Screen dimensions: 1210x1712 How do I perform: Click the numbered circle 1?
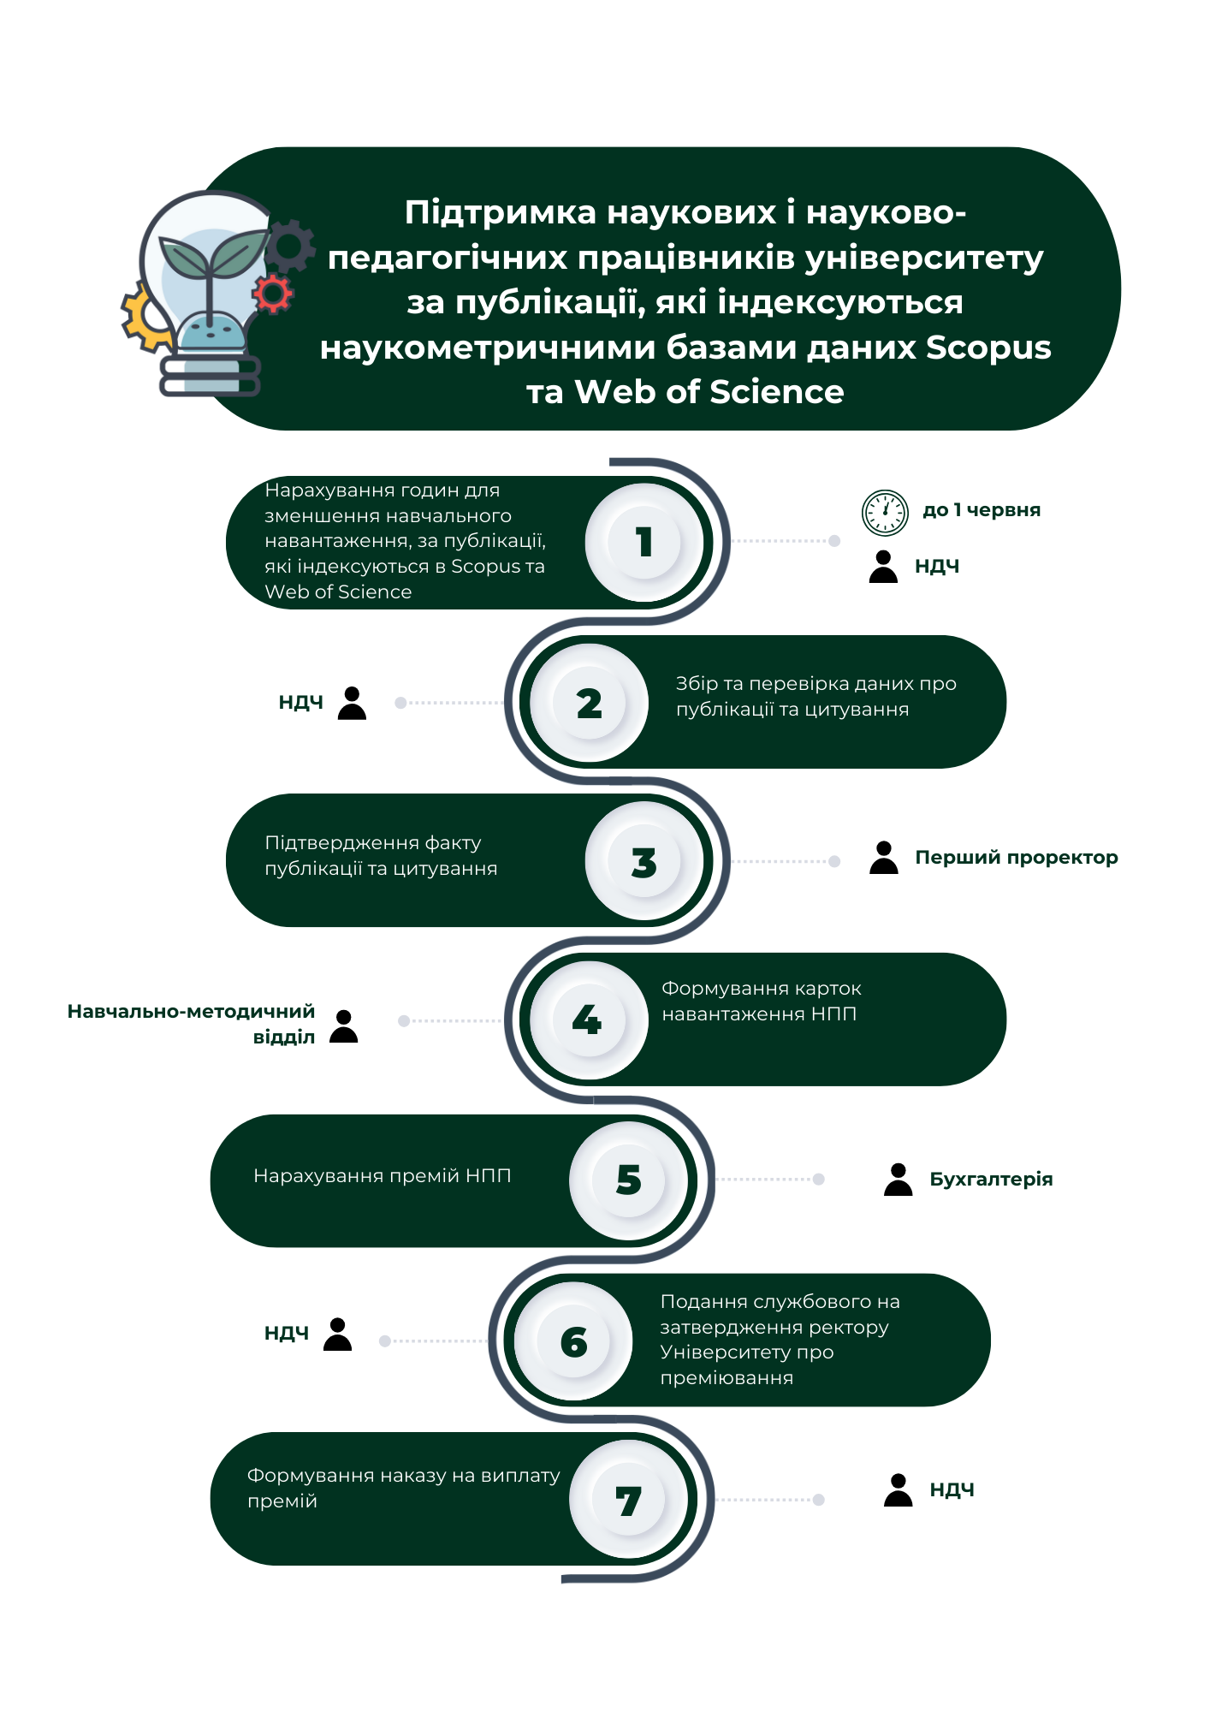coord(644,542)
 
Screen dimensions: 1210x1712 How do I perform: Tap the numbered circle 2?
coord(589,703)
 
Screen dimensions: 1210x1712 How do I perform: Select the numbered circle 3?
coord(644,861)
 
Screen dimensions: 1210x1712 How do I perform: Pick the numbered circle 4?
coord(589,1019)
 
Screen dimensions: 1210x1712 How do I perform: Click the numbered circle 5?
coord(629,1180)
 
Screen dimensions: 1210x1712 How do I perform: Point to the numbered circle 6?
coord(573,1341)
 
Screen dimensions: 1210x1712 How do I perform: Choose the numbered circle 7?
coord(629,1500)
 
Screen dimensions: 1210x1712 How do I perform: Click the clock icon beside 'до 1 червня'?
coord(885,513)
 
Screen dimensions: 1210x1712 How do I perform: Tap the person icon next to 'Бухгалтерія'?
coord(899,1180)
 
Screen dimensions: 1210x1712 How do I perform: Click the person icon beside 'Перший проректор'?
coord(884,857)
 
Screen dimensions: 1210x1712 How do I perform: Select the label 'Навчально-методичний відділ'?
coord(191,1024)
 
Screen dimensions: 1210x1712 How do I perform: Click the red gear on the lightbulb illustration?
coord(273,294)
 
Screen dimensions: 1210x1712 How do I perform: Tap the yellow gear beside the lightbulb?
coord(145,318)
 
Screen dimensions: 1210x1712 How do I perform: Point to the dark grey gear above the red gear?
coord(290,246)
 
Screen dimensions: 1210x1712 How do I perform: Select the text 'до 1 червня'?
coord(982,510)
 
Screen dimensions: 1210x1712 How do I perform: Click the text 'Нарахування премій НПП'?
coord(383,1176)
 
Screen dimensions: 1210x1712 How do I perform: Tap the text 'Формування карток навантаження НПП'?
coord(762,1002)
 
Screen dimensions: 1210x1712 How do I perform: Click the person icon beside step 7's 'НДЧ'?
coord(899,1490)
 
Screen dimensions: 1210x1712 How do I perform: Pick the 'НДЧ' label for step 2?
coord(301,703)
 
